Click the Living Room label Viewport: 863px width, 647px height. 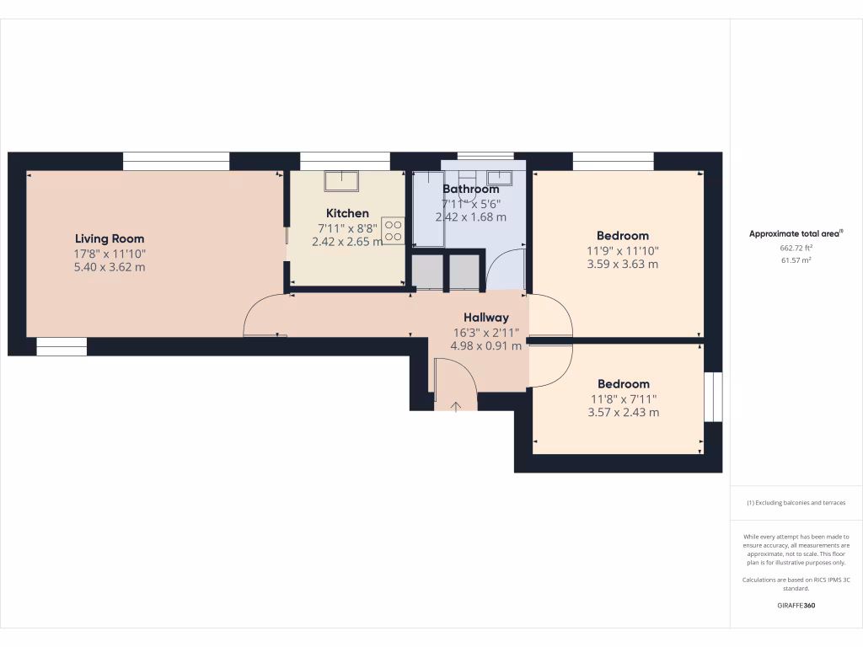110,238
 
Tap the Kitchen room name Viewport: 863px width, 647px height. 347,213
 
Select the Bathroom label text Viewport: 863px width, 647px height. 470,190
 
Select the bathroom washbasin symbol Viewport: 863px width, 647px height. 501,178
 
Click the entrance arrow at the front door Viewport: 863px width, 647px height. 456,407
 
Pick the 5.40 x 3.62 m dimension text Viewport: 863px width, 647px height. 110,267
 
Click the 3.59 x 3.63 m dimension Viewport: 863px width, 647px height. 623,264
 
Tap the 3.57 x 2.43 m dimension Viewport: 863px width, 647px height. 623,412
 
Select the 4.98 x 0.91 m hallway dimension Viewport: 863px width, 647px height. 485,345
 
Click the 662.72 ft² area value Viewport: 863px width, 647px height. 796,249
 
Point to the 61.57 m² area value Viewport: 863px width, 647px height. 796,260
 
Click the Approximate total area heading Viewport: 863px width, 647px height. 796,234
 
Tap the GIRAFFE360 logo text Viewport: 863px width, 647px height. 796,606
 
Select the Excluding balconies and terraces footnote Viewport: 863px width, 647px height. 796,503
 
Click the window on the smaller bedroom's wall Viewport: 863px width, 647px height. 713,396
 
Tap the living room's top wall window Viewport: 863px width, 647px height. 176,161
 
